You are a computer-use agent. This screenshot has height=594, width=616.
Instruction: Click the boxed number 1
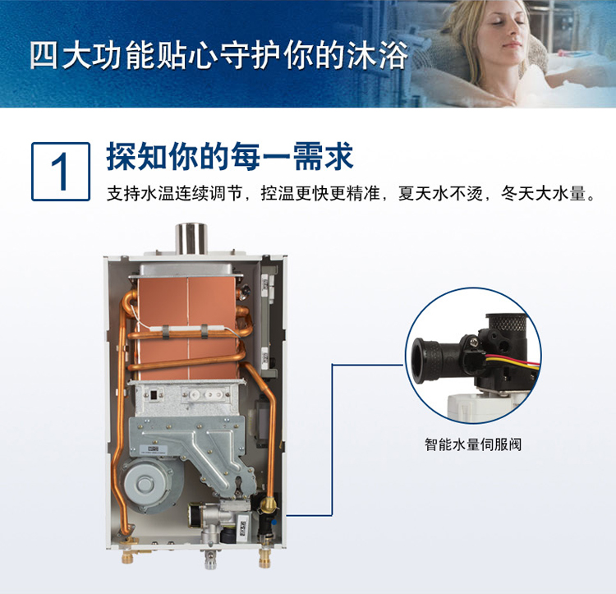[x=61, y=172]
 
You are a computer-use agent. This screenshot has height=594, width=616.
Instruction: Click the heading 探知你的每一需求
[x=230, y=156]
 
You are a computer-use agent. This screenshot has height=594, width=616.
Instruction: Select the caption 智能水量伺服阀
[x=473, y=444]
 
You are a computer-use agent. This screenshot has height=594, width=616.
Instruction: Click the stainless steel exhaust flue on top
[x=191, y=238]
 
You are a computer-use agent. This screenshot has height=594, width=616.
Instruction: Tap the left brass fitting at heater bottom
[x=128, y=555]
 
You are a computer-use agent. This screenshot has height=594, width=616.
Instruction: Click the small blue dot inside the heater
[x=274, y=523]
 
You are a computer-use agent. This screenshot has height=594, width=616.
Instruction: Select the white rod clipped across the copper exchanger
[x=182, y=328]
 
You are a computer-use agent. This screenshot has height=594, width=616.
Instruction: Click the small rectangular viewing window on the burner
[x=154, y=395]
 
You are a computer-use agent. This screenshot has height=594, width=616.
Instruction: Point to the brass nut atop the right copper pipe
[x=269, y=502]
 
